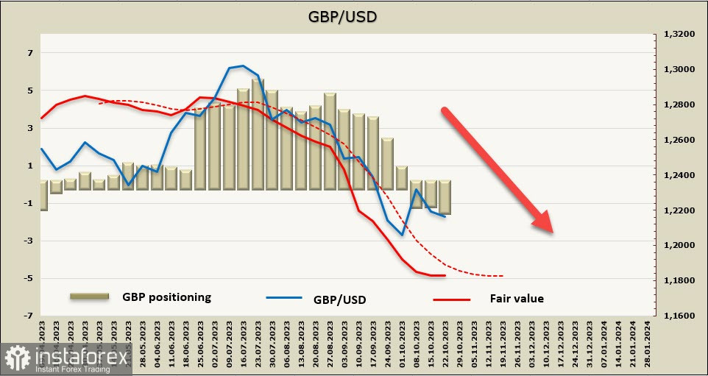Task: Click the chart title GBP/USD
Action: [353, 16]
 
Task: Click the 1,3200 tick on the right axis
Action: [679, 35]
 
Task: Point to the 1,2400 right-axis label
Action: [679, 175]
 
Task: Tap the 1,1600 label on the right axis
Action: [679, 316]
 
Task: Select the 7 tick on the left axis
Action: [31, 53]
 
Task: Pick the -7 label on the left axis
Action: [29, 316]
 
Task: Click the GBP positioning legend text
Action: [166, 297]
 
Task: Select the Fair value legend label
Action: [516, 299]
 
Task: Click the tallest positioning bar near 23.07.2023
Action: [258, 132]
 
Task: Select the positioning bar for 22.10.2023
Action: [445, 197]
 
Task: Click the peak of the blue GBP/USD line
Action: [243, 66]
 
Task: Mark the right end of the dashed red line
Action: [503, 276]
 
